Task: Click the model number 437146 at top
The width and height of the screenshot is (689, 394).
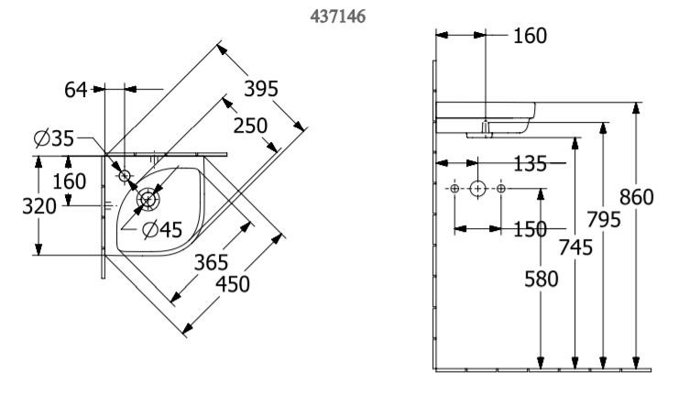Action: coord(337,16)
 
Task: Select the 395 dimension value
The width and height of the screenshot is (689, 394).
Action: coord(261,89)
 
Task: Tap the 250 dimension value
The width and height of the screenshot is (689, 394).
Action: coord(250,126)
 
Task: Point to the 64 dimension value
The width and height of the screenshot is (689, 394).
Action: coord(75,90)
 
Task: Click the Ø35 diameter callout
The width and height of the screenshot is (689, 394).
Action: coord(54,138)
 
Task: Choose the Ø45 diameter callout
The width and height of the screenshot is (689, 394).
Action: coord(162,229)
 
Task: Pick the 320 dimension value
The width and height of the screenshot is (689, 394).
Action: coord(39,206)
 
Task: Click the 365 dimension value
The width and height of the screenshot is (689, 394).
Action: coord(212,263)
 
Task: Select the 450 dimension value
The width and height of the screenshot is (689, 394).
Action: coord(233,284)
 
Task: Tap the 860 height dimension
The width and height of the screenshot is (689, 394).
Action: coord(636,197)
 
